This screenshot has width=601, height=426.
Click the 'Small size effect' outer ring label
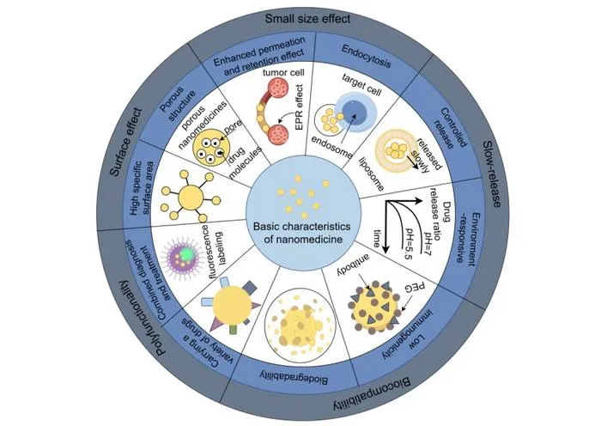click(307, 19)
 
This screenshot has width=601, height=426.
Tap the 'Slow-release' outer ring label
click(491, 173)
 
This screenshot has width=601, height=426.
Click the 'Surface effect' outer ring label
click(125, 142)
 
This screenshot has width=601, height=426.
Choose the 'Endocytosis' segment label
click(366, 56)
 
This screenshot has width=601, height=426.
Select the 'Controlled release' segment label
click(451, 128)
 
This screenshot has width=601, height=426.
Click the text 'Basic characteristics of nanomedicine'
click(302, 233)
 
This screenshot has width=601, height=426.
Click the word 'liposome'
click(371, 173)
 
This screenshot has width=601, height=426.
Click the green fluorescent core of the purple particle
click(186, 253)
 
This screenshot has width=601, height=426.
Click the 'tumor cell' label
click(283, 72)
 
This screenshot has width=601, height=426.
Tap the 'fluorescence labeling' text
click(212, 246)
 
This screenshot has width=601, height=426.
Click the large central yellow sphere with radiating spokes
click(191, 197)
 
